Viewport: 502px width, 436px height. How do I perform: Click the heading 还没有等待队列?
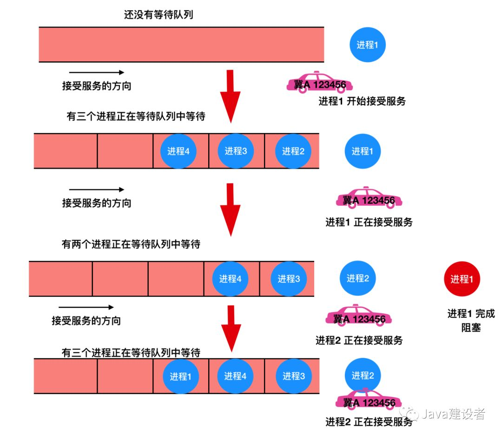(158, 14)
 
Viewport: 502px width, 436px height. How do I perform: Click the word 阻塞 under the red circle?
(471, 328)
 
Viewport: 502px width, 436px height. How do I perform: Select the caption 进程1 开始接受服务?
(362, 101)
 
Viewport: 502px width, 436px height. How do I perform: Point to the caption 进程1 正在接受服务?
(369, 222)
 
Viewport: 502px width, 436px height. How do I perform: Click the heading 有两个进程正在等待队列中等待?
(131, 244)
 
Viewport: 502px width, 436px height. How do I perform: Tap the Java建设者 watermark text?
(453, 414)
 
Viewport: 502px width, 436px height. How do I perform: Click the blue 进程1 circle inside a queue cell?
(180, 376)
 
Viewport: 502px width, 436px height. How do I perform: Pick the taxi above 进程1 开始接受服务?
(319, 83)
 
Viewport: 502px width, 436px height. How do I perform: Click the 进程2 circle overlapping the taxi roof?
(363, 376)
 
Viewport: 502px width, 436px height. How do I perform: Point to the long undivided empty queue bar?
(181, 45)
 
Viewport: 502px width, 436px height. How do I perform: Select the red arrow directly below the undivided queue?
(230, 95)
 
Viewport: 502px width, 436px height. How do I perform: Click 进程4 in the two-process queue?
(230, 279)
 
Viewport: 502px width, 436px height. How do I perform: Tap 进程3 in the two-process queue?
(289, 279)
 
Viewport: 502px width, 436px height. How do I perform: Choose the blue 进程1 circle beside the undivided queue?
(368, 45)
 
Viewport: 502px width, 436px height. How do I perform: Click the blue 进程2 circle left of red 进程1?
(357, 278)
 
